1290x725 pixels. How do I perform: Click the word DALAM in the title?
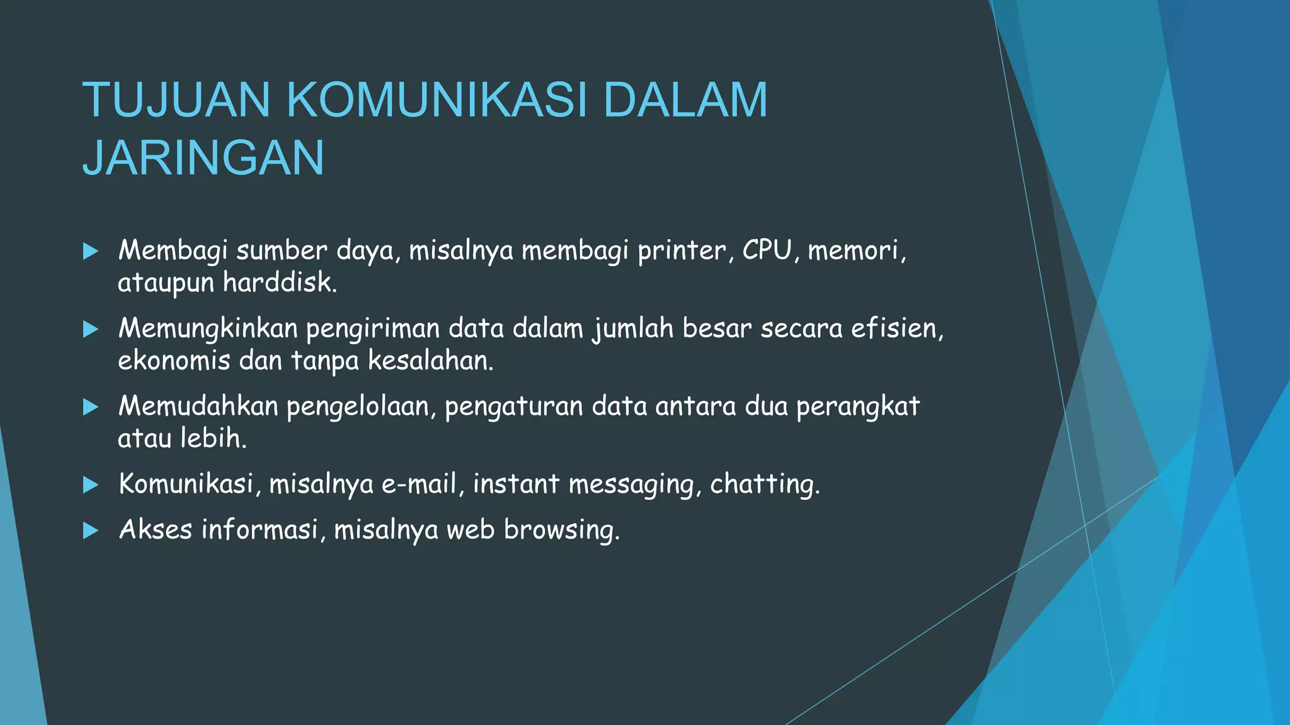point(685,100)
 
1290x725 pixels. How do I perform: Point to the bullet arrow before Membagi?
point(91,252)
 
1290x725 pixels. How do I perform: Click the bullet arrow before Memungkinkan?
point(91,329)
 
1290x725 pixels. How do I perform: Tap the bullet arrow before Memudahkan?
point(91,407)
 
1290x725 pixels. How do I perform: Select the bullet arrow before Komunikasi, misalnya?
point(91,485)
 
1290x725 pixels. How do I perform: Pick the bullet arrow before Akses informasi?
point(91,531)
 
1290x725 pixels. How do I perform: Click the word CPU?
point(767,250)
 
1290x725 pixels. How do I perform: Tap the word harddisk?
point(280,283)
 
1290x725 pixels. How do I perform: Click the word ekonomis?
point(174,361)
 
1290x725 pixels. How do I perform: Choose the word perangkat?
point(858,407)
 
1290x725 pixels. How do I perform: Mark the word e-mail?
point(420,485)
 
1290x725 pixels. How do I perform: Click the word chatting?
point(765,485)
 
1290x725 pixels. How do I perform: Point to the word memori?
point(856,251)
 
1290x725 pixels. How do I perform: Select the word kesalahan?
point(430,361)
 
